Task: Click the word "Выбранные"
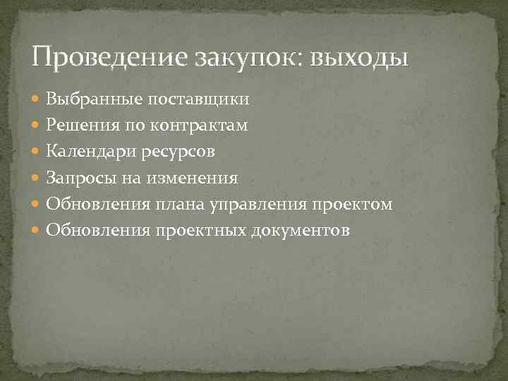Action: [x=87, y=99]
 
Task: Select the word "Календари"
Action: [x=87, y=152]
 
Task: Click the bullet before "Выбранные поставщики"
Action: [x=37, y=99]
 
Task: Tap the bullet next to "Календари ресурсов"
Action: [x=37, y=152]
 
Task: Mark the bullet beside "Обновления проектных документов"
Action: [x=37, y=230]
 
